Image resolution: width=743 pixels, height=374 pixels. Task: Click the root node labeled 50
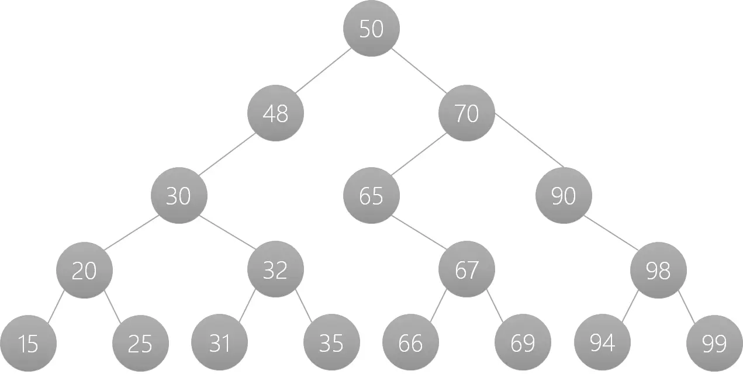[372, 28]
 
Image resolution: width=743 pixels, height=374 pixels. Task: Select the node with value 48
[276, 113]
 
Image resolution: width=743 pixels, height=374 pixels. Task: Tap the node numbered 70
[466, 113]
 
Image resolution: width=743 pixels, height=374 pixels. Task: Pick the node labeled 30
[179, 195]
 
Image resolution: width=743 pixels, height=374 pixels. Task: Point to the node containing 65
[372, 195]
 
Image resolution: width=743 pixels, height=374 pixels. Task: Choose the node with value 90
[564, 195]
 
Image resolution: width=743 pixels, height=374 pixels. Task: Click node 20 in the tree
[84, 270]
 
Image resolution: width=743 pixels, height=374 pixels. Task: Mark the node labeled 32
[276, 269]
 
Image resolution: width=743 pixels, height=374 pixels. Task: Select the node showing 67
[466, 269]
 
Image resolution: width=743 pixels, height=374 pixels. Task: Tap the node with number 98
[658, 270]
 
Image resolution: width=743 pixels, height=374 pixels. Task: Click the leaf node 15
[28, 343]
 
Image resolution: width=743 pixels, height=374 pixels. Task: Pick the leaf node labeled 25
[140, 343]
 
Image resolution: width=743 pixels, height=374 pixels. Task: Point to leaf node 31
[220, 342]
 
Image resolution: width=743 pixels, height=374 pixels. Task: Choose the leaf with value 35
[331, 342]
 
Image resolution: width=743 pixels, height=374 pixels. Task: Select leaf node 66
[410, 342]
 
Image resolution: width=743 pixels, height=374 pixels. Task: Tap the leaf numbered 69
[523, 342]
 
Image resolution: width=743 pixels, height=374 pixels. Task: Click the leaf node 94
[602, 342]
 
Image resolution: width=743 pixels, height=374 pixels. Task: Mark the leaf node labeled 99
[714, 343]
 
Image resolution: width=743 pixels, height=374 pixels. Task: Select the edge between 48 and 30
[227, 154]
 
